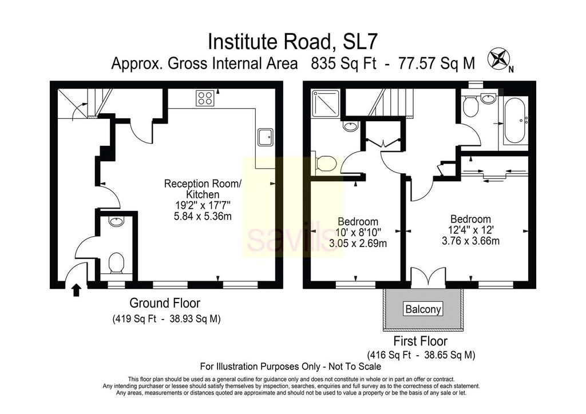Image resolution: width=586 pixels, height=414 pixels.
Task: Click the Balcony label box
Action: tap(423, 309)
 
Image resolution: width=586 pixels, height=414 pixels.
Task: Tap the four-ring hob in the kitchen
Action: tap(205, 98)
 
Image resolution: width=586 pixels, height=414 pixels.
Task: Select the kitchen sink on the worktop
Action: tap(266, 137)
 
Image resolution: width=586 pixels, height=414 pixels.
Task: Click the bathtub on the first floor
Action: tap(514, 120)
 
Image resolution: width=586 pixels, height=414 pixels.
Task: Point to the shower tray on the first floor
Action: tap(325, 103)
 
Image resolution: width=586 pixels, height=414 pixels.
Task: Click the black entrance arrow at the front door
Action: tap(76, 290)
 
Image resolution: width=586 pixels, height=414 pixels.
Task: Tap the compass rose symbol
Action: tap(498, 59)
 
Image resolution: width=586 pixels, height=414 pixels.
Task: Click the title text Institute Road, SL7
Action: tap(292, 41)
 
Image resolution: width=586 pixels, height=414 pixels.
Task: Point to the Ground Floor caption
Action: tap(164, 302)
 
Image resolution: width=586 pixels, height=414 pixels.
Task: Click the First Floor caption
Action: tap(421, 341)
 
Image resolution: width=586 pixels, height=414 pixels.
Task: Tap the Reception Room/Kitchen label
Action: tap(203, 189)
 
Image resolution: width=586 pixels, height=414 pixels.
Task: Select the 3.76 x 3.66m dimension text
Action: tap(470, 241)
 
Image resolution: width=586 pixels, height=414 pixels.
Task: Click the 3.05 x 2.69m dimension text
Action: tap(358, 244)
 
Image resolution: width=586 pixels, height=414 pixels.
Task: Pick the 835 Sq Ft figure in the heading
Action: tap(344, 63)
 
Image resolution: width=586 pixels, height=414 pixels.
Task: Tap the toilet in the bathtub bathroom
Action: tap(469, 106)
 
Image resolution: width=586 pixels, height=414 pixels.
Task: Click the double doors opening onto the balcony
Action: tap(428, 277)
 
